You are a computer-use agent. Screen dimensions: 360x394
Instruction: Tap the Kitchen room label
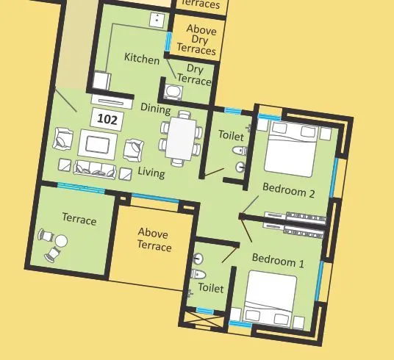[x=141, y=59]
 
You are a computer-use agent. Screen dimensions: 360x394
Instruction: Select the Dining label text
[x=155, y=110]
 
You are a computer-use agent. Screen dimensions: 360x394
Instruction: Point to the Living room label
[x=151, y=173]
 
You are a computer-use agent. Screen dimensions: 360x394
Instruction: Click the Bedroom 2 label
[x=289, y=193]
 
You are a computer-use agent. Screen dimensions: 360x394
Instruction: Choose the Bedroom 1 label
[x=278, y=259]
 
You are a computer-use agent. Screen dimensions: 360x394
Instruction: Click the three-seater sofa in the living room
[x=96, y=170]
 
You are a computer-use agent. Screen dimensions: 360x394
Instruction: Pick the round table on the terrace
[x=62, y=241]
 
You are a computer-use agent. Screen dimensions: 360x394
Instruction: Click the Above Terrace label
[x=154, y=240]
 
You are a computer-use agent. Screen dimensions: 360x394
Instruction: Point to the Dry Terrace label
[x=193, y=75]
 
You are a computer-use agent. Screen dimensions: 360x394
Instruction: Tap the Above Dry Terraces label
[x=196, y=40]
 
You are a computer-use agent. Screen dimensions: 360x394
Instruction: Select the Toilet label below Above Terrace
[x=211, y=289]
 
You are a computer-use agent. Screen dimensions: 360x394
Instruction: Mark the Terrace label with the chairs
[x=79, y=220]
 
